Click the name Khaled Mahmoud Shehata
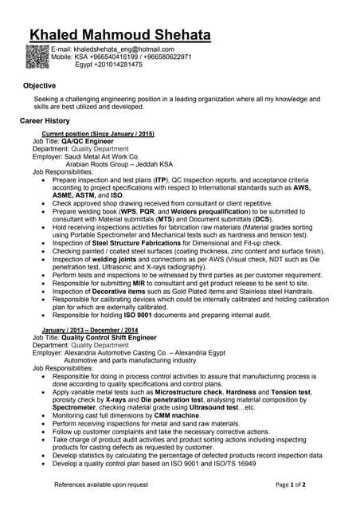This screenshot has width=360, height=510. (x=119, y=36)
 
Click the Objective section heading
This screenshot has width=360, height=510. (x=39, y=85)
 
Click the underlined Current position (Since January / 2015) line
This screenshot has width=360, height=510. (x=98, y=134)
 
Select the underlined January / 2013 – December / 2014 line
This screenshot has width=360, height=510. (x=90, y=330)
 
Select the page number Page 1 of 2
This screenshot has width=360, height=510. (x=291, y=484)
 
